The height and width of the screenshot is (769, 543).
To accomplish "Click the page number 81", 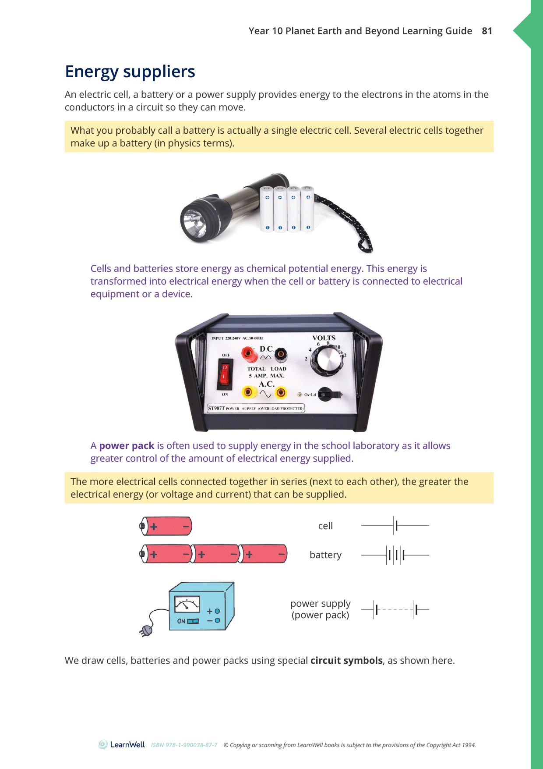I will [487, 31].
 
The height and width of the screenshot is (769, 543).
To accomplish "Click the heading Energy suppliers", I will [130, 72].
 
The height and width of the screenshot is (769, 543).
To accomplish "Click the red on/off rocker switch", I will [225, 374].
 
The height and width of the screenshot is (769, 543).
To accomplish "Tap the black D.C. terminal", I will [280, 353].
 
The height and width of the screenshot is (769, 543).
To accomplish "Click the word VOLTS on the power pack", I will [324, 338].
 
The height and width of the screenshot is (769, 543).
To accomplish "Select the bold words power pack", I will [127, 446].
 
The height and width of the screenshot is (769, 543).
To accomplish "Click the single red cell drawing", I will [166, 526].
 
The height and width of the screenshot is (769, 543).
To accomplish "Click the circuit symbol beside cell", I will [395, 525].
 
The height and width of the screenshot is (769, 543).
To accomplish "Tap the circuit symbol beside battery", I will [395, 555].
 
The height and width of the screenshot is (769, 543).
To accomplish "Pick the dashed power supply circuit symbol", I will [395, 609].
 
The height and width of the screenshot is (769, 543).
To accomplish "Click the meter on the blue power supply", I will [187, 604].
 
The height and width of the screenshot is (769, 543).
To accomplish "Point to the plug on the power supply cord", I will [146, 631].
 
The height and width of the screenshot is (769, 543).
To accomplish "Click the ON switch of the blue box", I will [193, 621].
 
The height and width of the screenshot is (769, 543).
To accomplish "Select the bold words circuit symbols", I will [346, 661].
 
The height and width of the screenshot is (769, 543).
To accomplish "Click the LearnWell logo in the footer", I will [122, 744].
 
